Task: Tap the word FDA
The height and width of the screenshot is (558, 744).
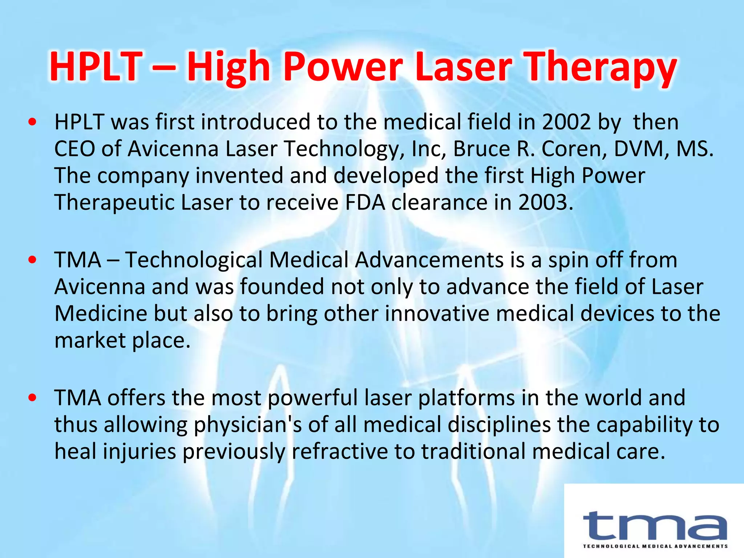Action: pos(365,202)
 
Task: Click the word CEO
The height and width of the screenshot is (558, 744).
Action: pos(74,149)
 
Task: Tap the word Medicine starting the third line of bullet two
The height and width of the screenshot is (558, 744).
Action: pos(101,314)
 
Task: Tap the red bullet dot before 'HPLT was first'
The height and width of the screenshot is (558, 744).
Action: pos(32,122)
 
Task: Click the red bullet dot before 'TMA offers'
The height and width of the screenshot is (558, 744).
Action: pos(32,398)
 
